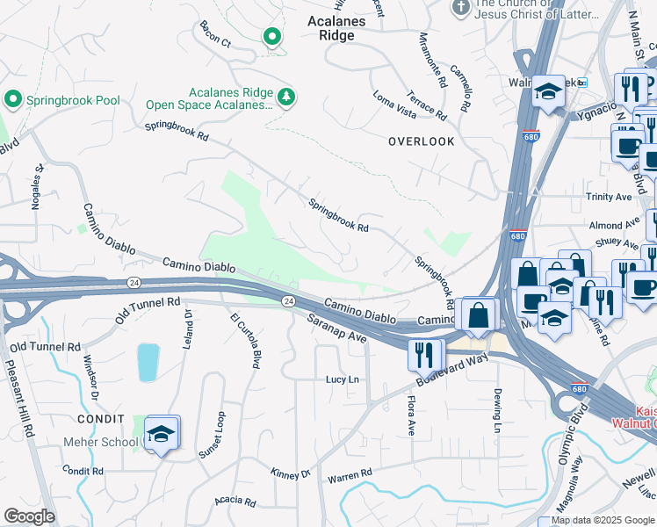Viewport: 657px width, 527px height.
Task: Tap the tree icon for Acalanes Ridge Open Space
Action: click(285, 96)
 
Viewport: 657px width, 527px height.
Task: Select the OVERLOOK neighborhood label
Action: click(422, 141)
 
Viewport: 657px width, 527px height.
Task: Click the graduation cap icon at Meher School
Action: click(162, 432)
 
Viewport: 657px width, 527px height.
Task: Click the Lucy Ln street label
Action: click(343, 379)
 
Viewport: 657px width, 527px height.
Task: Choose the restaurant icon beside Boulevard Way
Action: click(424, 355)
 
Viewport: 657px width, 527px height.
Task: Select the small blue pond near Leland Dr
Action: click(148, 362)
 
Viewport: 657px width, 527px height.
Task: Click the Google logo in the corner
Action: click(30, 516)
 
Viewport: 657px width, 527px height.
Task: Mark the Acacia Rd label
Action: click(235, 502)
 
